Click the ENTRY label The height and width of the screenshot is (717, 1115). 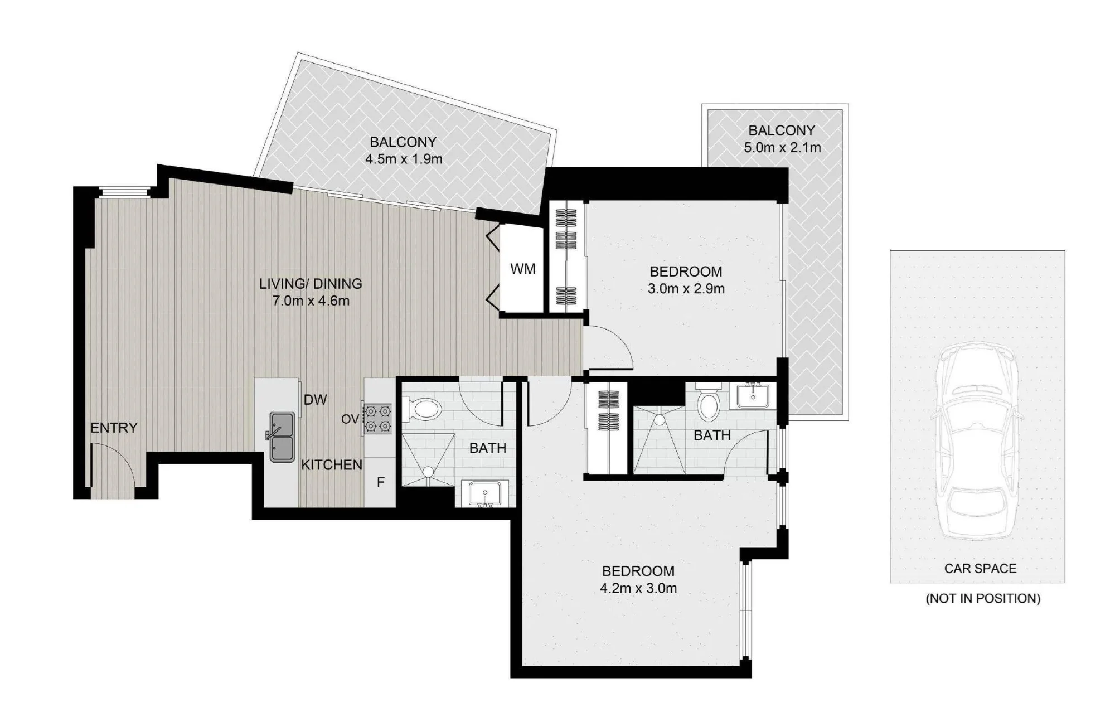tap(114, 428)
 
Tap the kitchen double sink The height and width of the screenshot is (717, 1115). tap(283, 437)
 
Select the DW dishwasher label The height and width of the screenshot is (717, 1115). tap(315, 400)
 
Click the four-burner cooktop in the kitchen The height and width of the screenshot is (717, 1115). tap(377, 419)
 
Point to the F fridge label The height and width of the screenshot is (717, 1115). tap(381, 482)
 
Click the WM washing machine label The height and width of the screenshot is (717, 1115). tap(522, 269)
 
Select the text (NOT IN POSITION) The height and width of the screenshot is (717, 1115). tap(983, 598)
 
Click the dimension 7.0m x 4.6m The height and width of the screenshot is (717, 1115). tap(311, 301)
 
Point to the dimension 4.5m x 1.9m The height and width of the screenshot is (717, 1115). tap(404, 159)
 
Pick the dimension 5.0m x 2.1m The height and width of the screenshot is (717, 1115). tap(782, 148)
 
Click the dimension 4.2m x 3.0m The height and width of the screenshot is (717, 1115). tap(638, 588)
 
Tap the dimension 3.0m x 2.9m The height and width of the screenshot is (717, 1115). tap(686, 289)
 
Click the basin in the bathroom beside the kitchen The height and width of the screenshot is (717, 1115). tap(485, 495)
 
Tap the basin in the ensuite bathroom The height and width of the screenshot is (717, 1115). tap(753, 396)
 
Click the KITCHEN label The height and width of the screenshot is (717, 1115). tap(332, 464)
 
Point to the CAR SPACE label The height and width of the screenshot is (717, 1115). tap(980, 568)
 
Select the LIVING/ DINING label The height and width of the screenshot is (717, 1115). tap(311, 284)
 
